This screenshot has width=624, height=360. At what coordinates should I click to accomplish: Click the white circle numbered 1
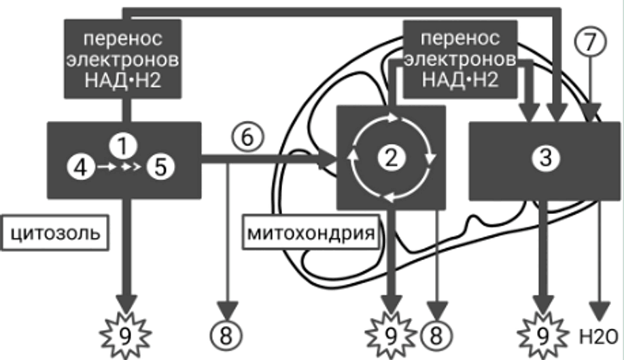coord(123,145)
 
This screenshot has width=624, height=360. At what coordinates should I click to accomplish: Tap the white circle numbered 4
coord(81,167)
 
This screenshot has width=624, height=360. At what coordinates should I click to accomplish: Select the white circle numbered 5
coord(160,167)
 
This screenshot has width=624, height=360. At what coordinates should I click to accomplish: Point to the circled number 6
coord(247,137)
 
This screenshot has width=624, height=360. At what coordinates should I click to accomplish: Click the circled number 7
coord(591,41)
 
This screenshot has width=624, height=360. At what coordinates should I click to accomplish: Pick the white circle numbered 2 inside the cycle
coord(392,158)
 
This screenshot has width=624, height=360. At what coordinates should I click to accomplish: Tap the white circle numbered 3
coord(545,158)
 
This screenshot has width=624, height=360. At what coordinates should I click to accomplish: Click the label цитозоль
coord(55,233)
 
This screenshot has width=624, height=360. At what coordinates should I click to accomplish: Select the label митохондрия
coord(311,233)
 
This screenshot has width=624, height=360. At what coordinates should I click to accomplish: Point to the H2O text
coord(598,337)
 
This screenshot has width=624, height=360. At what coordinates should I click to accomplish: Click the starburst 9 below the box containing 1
coord(125,336)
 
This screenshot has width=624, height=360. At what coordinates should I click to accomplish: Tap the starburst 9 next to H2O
coord(542,336)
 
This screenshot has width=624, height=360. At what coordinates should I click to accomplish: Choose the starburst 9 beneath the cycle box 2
coord(392,336)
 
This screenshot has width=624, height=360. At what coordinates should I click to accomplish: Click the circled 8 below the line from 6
coord(226,336)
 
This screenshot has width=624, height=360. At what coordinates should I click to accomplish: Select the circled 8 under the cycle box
coord(436,336)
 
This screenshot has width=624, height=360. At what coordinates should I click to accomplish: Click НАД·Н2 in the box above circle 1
coord(123,80)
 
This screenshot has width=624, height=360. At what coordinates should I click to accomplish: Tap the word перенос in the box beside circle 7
coord(460,39)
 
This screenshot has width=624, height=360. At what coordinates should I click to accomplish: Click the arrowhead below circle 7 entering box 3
coord(592,113)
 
